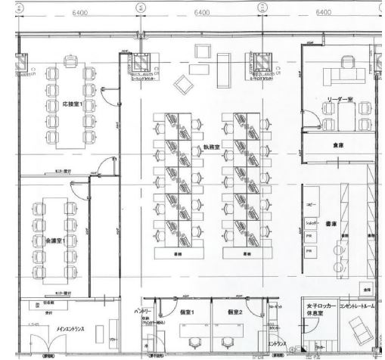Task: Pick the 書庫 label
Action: [331, 224]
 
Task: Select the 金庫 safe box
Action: [366, 289]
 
